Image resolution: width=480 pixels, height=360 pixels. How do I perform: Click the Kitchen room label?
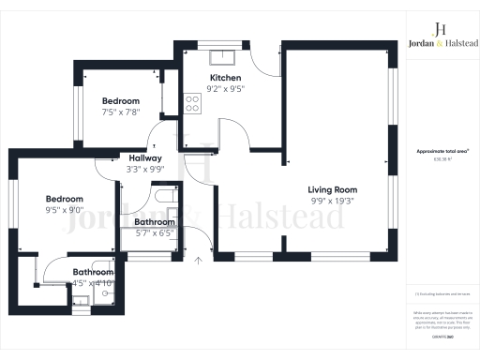click(225, 78)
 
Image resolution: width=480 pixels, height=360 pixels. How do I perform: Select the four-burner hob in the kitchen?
click(194, 102)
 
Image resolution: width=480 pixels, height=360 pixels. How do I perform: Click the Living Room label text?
click(334, 189)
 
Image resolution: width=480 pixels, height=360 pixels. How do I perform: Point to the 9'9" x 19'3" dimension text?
click(334, 201)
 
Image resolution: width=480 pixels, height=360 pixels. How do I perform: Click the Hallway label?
click(145, 158)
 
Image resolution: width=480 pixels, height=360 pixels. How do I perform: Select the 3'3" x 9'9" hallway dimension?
click(145, 170)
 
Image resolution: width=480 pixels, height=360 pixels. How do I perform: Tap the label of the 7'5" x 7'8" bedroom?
click(120, 101)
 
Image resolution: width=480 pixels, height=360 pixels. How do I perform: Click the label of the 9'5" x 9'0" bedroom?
click(65, 199)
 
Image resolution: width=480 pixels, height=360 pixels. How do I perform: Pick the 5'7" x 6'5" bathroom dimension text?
click(155, 232)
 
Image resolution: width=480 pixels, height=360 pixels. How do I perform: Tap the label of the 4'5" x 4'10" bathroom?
click(93, 273)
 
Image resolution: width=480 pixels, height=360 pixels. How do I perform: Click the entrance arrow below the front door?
click(198, 273)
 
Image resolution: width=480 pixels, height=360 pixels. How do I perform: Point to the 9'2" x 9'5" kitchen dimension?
click(225, 90)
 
